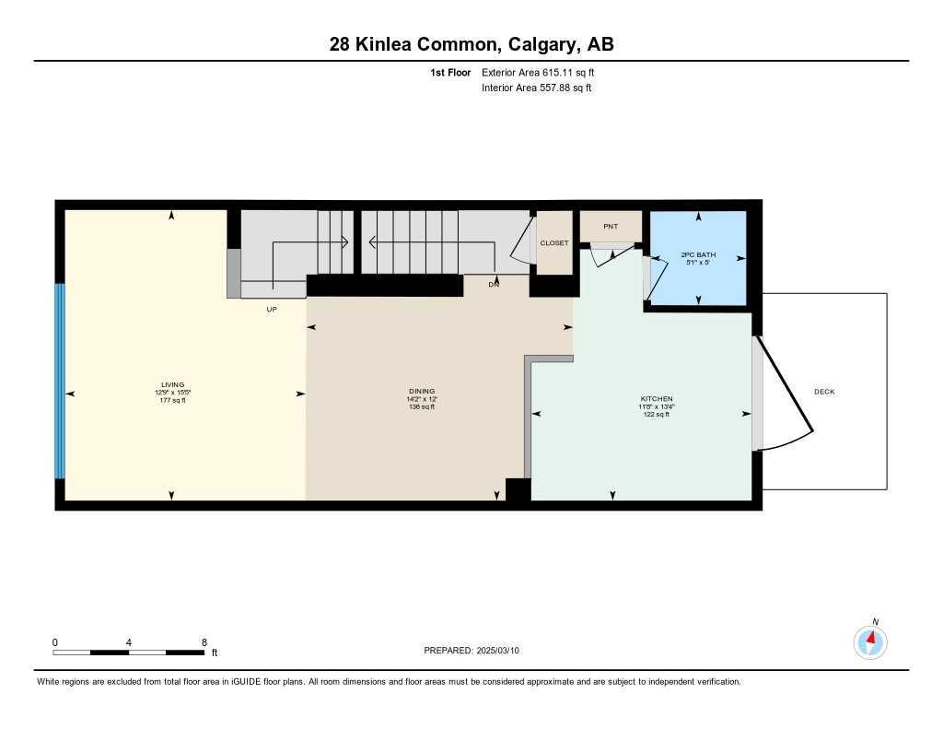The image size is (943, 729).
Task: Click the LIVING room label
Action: click(173, 384)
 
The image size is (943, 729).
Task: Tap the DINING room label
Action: click(422, 391)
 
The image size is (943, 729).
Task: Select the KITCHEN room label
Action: click(657, 399)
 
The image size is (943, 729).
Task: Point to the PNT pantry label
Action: click(610, 226)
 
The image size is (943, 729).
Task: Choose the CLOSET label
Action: click(554, 243)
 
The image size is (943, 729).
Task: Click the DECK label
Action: click(824, 392)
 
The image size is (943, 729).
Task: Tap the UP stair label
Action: click(272, 310)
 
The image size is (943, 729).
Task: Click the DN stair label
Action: click(495, 285)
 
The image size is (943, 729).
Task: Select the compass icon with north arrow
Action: click(870, 641)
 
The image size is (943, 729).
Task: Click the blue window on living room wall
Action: click(60, 381)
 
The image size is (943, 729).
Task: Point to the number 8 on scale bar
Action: click(204, 642)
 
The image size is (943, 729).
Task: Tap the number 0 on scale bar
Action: click(55, 642)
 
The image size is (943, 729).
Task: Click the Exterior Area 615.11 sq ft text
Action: click(544, 72)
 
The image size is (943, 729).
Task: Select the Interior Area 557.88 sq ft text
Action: click(536, 88)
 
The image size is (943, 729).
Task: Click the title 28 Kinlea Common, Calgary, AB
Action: click(471, 44)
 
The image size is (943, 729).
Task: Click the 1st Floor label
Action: click(450, 72)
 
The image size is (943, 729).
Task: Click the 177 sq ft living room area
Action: click(173, 400)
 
